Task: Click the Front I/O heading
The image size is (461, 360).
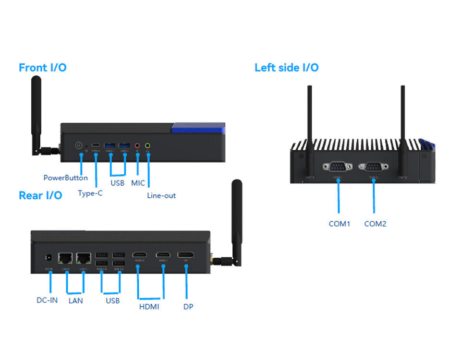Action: coord(42,68)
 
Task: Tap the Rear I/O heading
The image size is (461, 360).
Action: coord(40,195)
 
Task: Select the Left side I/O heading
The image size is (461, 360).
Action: coord(286,68)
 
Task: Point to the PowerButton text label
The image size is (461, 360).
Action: coord(66,178)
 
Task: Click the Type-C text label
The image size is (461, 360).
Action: coord(90,193)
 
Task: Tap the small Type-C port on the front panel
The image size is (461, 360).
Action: coord(96,145)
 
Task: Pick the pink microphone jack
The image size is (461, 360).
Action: coord(137,145)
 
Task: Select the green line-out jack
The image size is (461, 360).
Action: coord(148,145)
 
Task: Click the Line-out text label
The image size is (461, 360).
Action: coord(161,195)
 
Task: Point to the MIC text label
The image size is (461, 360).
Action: coord(138,183)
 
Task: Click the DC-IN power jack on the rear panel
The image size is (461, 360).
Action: coord(48,258)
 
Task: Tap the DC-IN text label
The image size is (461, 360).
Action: coord(47,300)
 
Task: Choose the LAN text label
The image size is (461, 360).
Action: coord(75,300)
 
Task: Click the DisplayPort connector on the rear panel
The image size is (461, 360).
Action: coord(186,255)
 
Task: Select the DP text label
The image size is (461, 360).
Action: coord(188,306)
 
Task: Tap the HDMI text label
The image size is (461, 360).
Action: coord(149,306)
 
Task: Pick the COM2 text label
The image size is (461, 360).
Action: coord(375,224)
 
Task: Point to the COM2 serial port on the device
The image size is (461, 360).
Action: coord(373,167)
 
